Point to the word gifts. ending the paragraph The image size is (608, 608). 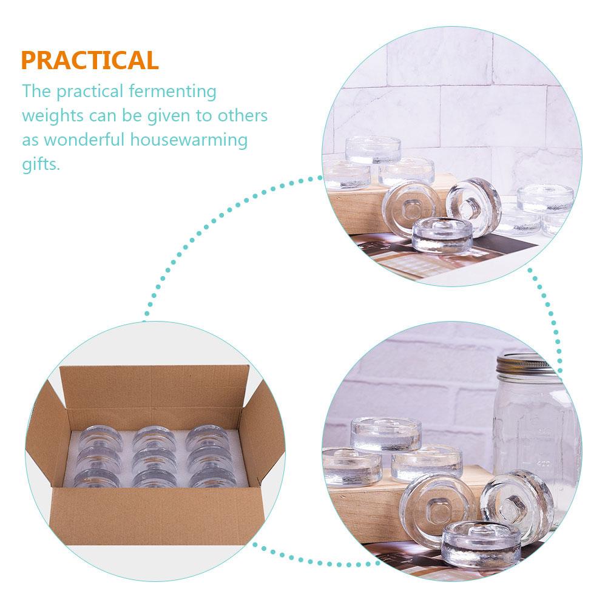pos(41,164)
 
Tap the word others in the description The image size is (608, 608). pos(238,116)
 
